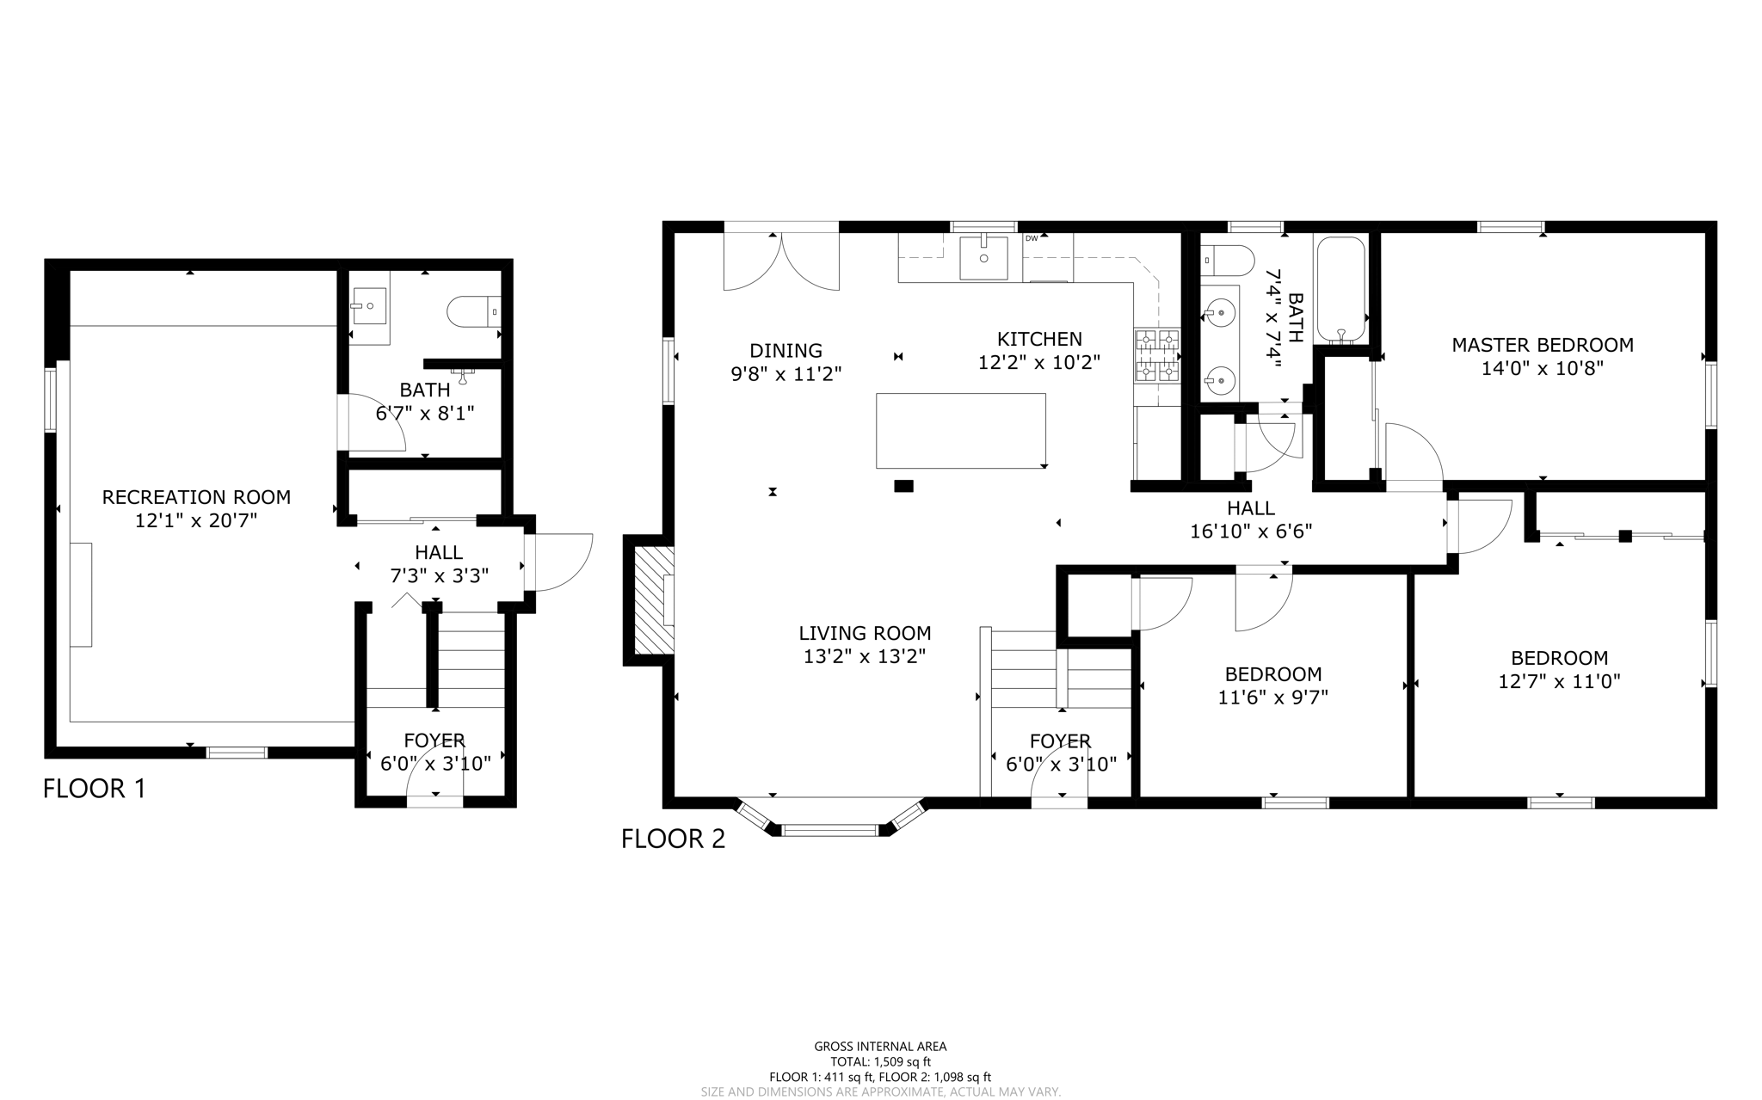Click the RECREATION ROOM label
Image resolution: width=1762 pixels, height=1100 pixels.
click(x=196, y=497)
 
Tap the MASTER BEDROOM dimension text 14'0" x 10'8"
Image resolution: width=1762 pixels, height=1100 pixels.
click(x=1542, y=369)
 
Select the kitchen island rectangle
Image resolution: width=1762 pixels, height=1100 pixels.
click(x=960, y=430)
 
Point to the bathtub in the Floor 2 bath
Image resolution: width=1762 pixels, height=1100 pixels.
click(x=1340, y=289)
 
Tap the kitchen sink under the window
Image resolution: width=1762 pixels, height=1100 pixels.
click(x=983, y=256)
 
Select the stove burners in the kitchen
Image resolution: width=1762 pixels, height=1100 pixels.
click(x=1156, y=356)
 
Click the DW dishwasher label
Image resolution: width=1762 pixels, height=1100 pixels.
click(x=1032, y=238)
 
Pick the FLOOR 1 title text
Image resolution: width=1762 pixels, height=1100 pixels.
click(x=95, y=789)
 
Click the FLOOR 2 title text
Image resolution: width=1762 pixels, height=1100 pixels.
click(x=673, y=839)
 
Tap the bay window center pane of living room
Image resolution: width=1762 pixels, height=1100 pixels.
click(x=829, y=830)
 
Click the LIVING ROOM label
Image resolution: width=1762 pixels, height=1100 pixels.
click(x=865, y=634)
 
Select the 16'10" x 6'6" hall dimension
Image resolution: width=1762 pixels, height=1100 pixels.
click(x=1250, y=532)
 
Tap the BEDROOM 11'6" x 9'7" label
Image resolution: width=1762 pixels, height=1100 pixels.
click(x=1272, y=685)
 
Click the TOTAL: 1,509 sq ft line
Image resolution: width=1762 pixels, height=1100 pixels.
click(x=880, y=1062)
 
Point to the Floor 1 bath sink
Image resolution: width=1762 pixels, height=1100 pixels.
click(x=369, y=306)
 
